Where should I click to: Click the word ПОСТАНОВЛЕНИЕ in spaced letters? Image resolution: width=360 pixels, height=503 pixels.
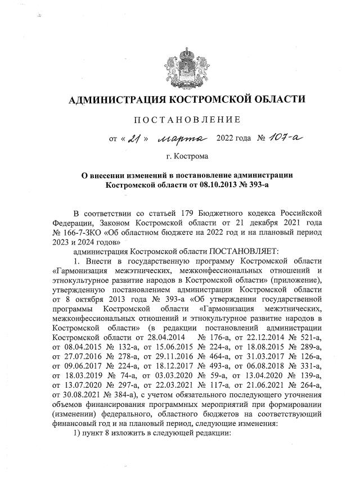(187, 119)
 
